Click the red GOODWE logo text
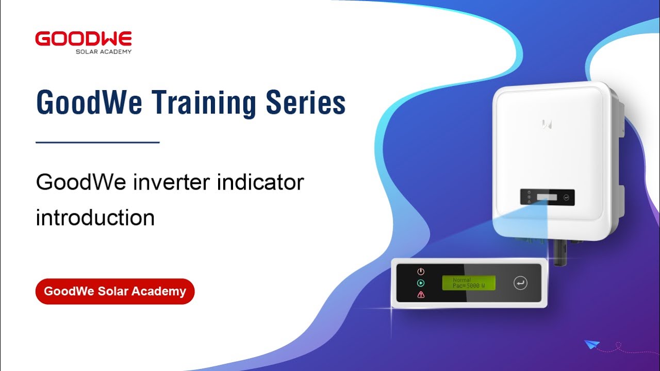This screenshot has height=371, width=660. pyautogui.click(x=84, y=39)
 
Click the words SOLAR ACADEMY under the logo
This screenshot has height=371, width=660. pyautogui.click(x=103, y=52)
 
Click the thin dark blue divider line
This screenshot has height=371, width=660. pyautogui.click(x=97, y=142)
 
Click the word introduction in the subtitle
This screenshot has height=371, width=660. pyautogui.click(x=95, y=217)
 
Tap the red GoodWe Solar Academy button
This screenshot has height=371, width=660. pyautogui.click(x=114, y=291)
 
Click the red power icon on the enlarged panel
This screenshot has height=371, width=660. pyautogui.click(x=421, y=272)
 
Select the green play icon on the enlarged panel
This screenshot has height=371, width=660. pyautogui.click(x=421, y=283)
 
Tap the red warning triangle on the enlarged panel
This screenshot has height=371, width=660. pyautogui.click(x=421, y=295)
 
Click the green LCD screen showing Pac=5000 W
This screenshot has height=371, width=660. pyautogui.click(x=468, y=283)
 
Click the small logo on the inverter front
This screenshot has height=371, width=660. pyautogui.click(x=547, y=123)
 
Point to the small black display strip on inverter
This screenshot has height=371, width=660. pyautogui.click(x=547, y=197)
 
